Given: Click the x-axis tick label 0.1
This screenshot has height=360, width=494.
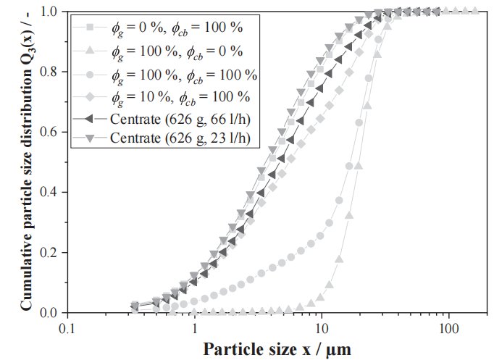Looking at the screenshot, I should point(67,326).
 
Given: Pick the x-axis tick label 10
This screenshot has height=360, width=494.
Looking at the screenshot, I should point(322,326).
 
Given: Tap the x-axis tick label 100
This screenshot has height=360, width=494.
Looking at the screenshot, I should point(448,326).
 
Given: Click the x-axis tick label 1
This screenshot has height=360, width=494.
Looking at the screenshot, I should point(195,326).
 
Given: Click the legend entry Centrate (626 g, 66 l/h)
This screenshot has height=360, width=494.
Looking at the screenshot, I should point(182,118).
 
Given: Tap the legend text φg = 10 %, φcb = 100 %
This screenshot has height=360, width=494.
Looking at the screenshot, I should point(181,96).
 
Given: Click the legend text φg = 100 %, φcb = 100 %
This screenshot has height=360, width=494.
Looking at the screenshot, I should point(184,74).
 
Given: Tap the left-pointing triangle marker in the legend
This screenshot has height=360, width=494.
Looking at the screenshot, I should point(88,118).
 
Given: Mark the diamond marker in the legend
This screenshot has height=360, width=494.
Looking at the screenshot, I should point(88,96).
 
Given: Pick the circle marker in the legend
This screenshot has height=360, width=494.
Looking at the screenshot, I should point(88,74).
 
